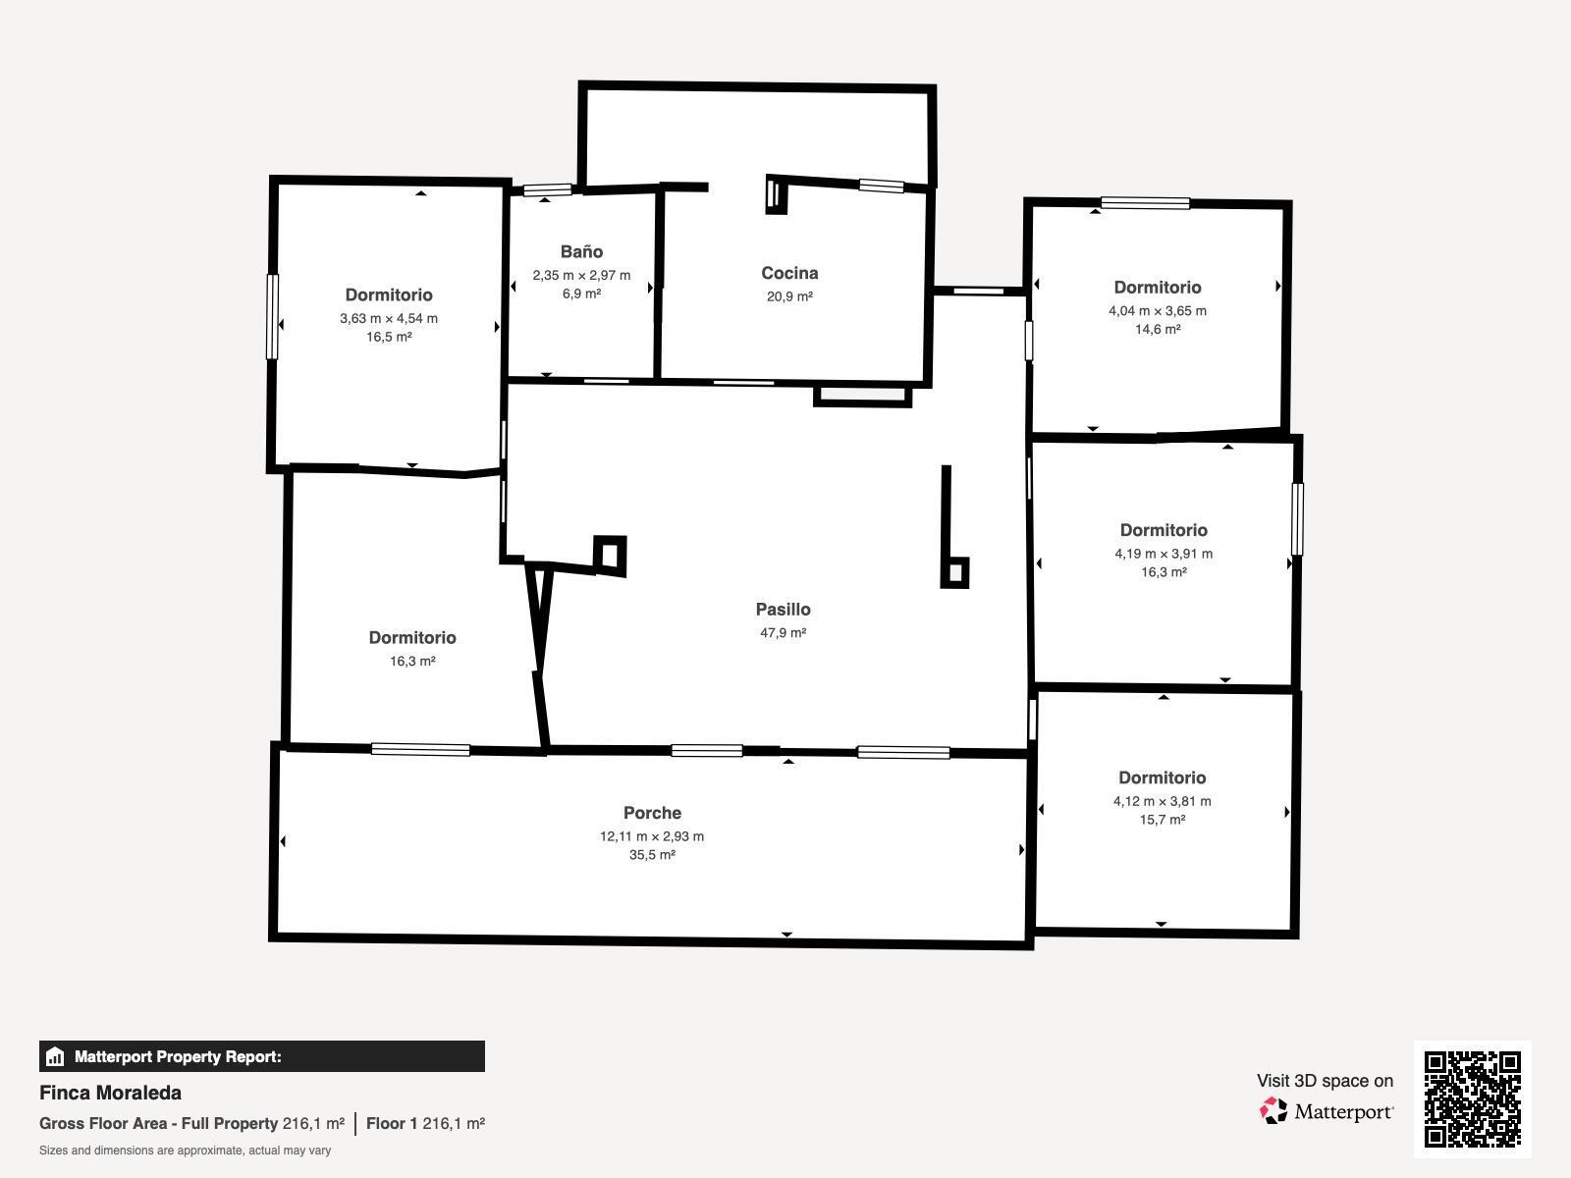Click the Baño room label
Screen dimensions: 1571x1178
pyautogui.click(x=581, y=251)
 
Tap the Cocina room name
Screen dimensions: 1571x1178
pyautogui.click(x=789, y=273)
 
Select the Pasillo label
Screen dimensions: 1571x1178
pyautogui.click(x=783, y=610)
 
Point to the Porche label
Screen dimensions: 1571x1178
pyautogui.click(x=652, y=813)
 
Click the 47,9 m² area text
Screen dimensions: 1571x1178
pyautogui.click(x=783, y=632)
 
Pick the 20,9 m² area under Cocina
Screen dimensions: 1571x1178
pyautogui.click(x=789, y=296)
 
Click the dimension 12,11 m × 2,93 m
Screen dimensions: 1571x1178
pyautogui.click(x=652, y=836)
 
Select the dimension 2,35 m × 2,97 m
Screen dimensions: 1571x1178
pyautogui.click(x=581, y=276)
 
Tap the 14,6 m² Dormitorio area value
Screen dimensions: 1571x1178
pyautogui.click(x=1158, y=329)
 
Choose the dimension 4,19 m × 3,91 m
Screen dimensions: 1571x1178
pyautogui.click(x=1164, y=554)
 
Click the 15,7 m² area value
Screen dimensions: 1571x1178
pyautogui.click(x=1163, y=820)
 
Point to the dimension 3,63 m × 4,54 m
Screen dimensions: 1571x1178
pyautogui.click(x=389, y=318)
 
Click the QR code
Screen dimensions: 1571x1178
pyautogui.click(x=1472, y=1098)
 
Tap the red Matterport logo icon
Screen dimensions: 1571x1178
pyautogui.click(x=1273, y=1111)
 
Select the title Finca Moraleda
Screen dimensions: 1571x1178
pyautogui.click(x=110, y=1093)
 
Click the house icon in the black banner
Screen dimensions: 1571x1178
pyautogui.click(x=55, y=1056)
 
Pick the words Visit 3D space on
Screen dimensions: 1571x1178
pyautogui.click(x=1325, y=1081)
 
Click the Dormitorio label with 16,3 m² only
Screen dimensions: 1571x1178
pyautogui.click(x=412, y=638)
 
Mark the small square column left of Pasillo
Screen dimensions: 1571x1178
pyautogui.click(x=610, y=556)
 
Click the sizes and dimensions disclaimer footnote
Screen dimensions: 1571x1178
pyautogui.click(x=185, y=1151)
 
